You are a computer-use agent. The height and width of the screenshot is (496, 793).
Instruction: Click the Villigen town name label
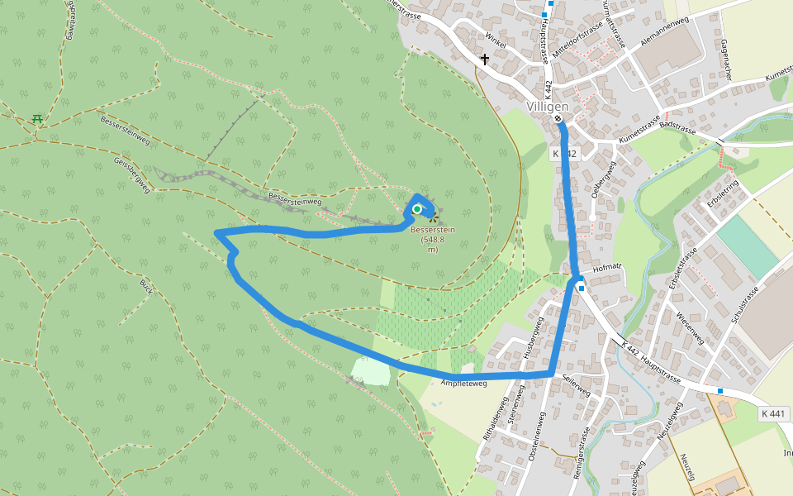click(548, 107)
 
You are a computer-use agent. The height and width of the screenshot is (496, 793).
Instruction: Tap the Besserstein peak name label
click(433, 229)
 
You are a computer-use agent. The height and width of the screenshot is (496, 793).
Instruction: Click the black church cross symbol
click(485, 60)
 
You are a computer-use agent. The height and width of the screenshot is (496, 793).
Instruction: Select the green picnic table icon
click(37, 119)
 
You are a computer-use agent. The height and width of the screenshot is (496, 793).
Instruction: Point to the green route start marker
click(417, 209)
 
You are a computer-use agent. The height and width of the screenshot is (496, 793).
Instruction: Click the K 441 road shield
click(774, 413)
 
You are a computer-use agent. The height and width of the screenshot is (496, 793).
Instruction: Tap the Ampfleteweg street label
click(464, 383)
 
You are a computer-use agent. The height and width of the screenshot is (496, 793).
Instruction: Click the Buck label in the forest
click(146, 287)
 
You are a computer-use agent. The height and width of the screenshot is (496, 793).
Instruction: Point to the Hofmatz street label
click(606, 267)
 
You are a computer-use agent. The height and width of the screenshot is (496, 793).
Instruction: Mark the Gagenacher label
click(726, 60)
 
